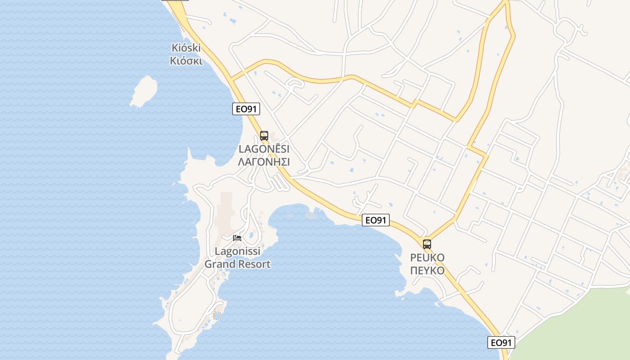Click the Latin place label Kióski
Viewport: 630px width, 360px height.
coord(186,48)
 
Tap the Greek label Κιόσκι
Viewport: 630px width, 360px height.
coord(186,61)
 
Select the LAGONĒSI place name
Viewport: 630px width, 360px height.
coord(264,149)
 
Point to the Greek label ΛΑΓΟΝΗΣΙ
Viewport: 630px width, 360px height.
coord(264,162)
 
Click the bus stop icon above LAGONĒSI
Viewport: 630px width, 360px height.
coord(264,135)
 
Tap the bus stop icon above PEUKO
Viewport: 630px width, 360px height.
coord(427,244)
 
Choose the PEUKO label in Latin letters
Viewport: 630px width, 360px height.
coord(427,258)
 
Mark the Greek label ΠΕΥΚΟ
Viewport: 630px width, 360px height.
coord(427,270)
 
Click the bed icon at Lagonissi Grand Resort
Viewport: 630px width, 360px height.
coord(237,238)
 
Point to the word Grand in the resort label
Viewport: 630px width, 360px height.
coord(220,264)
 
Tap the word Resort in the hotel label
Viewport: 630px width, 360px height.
coord(253,264)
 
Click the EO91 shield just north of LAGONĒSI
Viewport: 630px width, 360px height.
coord(246,108)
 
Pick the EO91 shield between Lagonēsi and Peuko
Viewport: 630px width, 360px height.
coord(376,220)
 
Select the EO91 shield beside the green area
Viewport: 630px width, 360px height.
coord(501,342)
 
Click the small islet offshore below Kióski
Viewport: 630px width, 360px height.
coord(144,91)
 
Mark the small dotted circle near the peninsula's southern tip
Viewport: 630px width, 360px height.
coord(217,315)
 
